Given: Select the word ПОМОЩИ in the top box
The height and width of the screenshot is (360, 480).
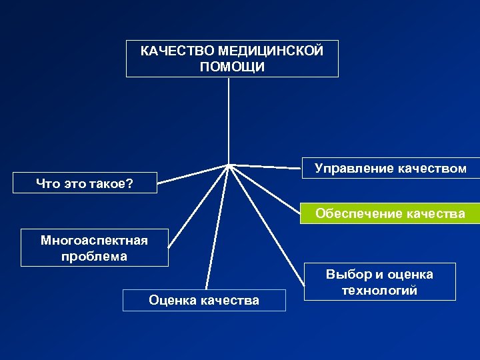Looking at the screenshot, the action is (231, 67).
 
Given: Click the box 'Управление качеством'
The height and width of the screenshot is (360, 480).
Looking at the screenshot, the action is (390, 169).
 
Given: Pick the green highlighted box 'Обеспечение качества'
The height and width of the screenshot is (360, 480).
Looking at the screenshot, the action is (390, 213).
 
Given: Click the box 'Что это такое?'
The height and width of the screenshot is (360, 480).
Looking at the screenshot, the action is (85, 183).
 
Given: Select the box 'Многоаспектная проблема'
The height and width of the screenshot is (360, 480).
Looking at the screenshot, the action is (94, 248).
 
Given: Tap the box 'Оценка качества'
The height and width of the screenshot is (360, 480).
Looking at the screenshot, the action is (204, 300).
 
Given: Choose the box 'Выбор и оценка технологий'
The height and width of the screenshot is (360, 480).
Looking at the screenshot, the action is (379, 282).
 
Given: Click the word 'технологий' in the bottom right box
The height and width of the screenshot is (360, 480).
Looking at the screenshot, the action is (379, 290).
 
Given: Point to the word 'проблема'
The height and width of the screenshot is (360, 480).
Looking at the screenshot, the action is (94, 256).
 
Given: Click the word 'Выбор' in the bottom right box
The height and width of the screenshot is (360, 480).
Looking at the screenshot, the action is (345, 274).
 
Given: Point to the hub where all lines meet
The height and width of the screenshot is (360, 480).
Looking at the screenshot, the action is (229, 165).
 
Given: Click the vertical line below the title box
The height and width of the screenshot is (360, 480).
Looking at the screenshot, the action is (229, 120).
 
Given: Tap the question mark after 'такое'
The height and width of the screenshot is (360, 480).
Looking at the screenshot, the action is (130, 183).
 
